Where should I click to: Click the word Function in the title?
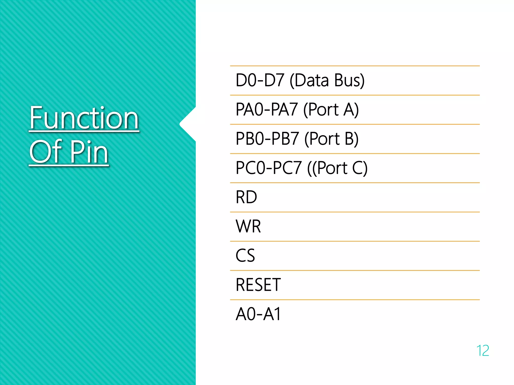tap(84, 118)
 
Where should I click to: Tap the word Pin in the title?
tap(89, 152)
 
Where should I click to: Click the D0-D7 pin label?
tap(260, 80)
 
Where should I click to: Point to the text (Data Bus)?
tap(327, 80)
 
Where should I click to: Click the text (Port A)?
tap(331, 110)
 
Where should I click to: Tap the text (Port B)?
tap(332, 139)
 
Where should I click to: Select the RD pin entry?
tap(246, 197)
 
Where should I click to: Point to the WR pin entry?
tap(248, 226)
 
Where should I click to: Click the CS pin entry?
tap(245, 256)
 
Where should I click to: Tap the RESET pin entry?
tap(258, 285)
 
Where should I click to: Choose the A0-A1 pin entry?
tap(258, 314)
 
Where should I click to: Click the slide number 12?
tap(482, 350)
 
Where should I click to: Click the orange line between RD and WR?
tap(355, 212)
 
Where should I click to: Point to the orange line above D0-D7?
tap(355, 66)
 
